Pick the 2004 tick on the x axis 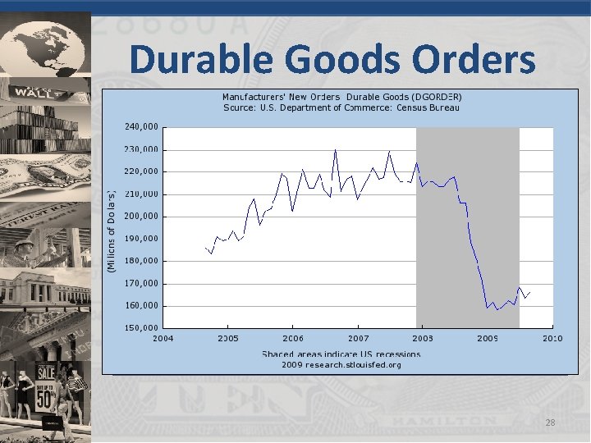click(x=163, y=338)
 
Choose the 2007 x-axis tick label click(x=358, y=338)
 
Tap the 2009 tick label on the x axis click(x=488, y=338)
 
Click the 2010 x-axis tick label click(x=552, y=338)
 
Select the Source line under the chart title click(x=341, y=107)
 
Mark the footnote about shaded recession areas click(x=341, y=354)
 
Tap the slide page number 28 click(x=549, y=422)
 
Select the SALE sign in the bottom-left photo click(x=46, y=372)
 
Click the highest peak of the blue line click(x=336, y=150)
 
